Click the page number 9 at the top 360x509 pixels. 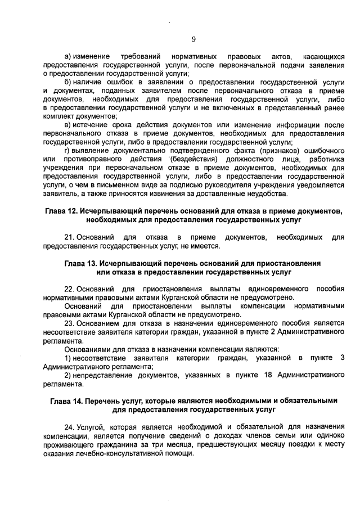[x=193, y=39]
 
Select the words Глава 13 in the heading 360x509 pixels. [x=83, y=263]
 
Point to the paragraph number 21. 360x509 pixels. [x=70, y=237]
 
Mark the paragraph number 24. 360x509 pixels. [x=70, y=426]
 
